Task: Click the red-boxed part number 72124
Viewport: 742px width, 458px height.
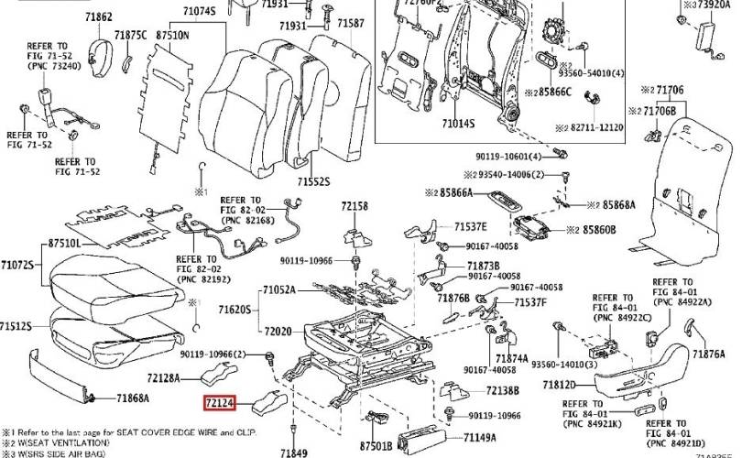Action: coord(219,401)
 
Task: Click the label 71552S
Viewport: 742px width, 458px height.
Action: coord(312,182)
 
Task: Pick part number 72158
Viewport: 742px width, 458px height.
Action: coord(355,207)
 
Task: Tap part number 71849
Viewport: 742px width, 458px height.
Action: coord(293,453)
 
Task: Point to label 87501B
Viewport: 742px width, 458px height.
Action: coord(376,445)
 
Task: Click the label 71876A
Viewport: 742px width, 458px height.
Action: coord(708,354)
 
